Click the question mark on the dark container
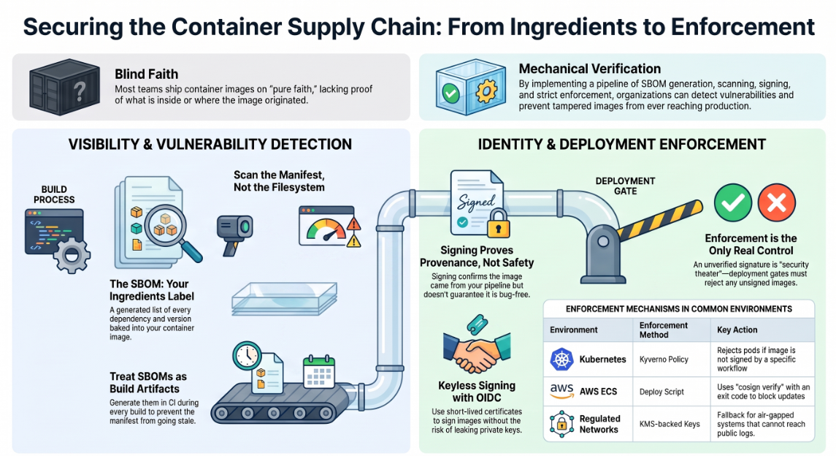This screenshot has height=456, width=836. (x=80, y=92)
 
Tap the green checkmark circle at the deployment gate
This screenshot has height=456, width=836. (x=733, y=202)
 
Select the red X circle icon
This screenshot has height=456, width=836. (x=776, y=202)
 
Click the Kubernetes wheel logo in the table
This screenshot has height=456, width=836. (x=561, y=360)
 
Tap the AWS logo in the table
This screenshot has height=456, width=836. (x=561, y=391)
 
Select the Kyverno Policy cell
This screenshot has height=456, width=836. (x=664, y=360)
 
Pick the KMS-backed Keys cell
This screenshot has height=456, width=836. (x=670, y=424)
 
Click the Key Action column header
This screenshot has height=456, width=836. (x=737, y=330)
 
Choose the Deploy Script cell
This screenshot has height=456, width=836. (x=661, y=392)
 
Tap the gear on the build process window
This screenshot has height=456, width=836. (x=72, y=255)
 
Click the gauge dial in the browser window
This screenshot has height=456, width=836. (x=326, y=230)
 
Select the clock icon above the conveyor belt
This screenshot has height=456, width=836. (x=247, y=356)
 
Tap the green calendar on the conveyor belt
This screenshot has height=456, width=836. (x=319, y=372)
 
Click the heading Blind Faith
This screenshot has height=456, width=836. (x=146, y=74)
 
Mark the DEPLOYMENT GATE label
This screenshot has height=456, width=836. (x=625, y=186)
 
